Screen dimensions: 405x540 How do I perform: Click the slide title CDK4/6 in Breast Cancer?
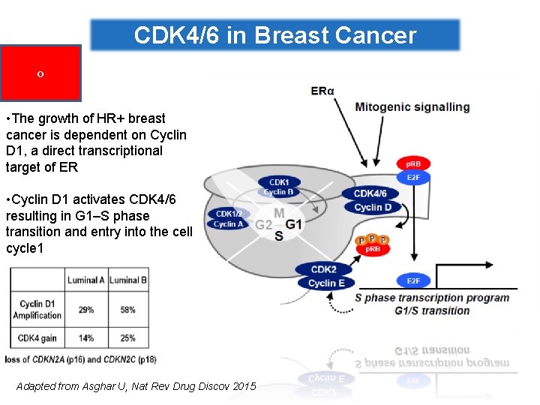click(x=274, y=35)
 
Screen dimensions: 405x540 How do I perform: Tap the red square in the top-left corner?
click(x=40, y=73)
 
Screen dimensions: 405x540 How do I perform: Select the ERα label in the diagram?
click(x=322, y=91)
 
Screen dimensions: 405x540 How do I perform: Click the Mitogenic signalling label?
click(x=412, y=106)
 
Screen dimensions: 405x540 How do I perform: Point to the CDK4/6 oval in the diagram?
click(x=370, y=193)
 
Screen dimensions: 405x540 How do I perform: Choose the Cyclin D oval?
click(x=373, y=207)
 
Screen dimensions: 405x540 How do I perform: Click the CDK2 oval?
click(x=323, y=269)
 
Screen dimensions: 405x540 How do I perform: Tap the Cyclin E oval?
click(x=326, y=283)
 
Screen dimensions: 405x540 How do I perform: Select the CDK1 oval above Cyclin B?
click(x=279, y=182)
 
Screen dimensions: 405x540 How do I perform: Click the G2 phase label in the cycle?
click(x=263, y=225)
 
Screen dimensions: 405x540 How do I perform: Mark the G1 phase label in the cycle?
click(x=294, y=224)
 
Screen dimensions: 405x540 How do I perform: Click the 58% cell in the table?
click(x=127, y=309)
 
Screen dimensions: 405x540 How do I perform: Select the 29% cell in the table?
click(x=85, y=309)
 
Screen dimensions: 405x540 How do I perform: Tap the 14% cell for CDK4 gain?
click(x=85, y=338)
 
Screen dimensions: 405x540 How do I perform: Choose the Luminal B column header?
click(x=127, y=280)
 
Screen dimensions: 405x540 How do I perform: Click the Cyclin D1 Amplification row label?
click(x=37, y=309)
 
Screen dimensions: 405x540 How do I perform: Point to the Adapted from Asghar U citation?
click(x=136, y=386)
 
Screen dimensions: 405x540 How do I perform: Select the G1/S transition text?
click(x=432, y=310)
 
